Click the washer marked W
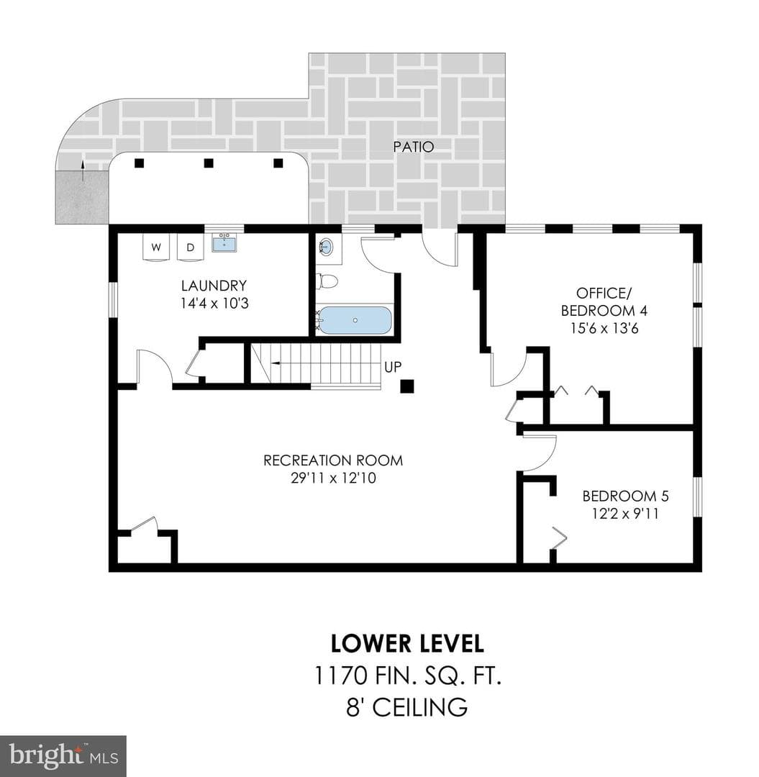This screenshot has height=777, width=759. click(157, 247)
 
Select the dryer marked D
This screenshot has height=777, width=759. click(190, 247)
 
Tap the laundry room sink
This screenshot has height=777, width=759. click(224, 244)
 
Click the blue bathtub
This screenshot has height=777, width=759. click(354, 320)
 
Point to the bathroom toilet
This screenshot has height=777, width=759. click(327, 282)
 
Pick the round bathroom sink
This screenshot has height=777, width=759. click(326, 246)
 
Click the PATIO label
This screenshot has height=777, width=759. click(414, 147)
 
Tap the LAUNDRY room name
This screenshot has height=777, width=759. click(214, 286)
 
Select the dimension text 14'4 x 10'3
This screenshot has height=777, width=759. click(214, 304)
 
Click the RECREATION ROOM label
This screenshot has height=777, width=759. click(333, 460)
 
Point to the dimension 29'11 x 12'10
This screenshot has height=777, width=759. click(333, 478)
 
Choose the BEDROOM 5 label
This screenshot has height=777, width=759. click(626, 496)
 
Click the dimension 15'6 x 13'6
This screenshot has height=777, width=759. click(604, 328)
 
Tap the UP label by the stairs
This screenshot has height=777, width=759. click(393, 367)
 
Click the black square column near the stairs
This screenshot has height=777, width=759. click(406, 386)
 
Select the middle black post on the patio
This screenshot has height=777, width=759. click(209, 163)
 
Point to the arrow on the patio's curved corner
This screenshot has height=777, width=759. click(83, 171)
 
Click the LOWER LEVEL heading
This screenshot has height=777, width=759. click(407, 644)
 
